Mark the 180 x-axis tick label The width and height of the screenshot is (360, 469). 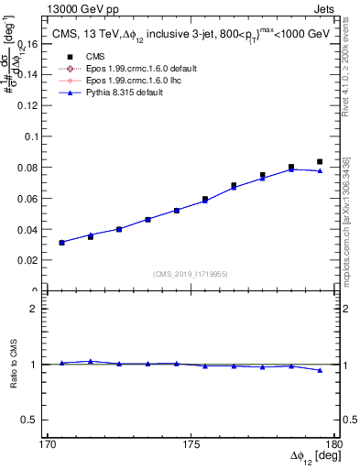coord(333,444)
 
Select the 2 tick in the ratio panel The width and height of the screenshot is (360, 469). coord(38,309)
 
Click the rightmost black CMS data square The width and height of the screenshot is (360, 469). coord(320,161)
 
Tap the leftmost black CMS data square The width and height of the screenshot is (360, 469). coord(61,242)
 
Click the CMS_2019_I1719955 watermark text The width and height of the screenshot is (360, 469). coord(191,273)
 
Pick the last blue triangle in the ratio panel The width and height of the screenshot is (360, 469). coord(320,370)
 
